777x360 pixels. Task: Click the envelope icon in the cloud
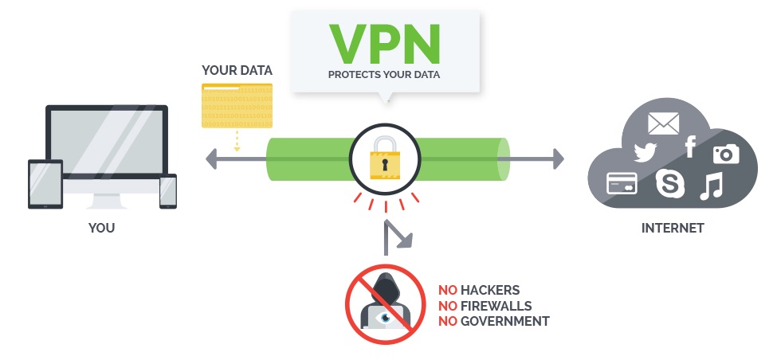coord(664,123)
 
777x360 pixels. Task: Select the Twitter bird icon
coord(646,152)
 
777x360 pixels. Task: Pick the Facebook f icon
coord(690,147)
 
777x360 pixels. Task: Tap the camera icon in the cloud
coord(726,154)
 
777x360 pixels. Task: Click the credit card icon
coord(622,183)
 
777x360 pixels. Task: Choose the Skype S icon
coord(670,183)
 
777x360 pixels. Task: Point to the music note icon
coord(712,186)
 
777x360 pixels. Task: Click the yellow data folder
coord(237,105)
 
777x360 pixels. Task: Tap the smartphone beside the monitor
coord(168,191)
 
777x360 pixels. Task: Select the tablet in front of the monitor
coord(45,184)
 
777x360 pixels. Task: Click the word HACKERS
coord(490,290)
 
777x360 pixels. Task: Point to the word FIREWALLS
coord(496,306)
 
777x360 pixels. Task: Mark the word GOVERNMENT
coord(505,322)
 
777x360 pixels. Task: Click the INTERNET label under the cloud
coord(673,228)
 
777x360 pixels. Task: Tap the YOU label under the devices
coord(101,228)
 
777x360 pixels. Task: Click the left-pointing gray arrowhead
coord(211,159)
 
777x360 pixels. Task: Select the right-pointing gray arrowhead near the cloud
coord(559,159)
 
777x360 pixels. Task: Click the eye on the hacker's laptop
coord(384,317)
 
